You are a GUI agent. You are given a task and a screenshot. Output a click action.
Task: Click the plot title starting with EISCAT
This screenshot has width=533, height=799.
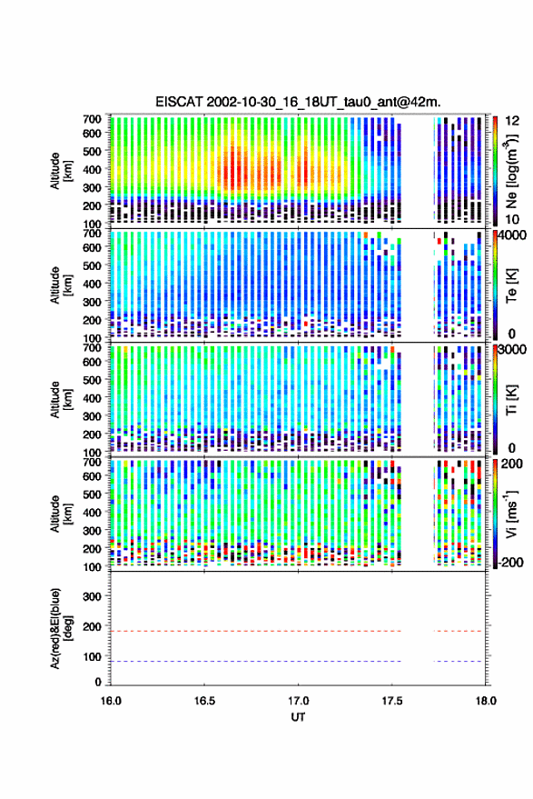pyautogui.click(x=298, y=102)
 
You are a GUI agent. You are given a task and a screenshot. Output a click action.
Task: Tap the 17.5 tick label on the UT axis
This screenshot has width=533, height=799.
pyautogui.click(x=391, y=701)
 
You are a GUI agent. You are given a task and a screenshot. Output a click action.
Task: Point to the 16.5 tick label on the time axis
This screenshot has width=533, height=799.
pyautogui.click(x=204, y=701)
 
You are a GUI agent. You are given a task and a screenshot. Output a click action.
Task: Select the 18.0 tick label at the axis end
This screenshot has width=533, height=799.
pyautogui.click(x=486, y=701)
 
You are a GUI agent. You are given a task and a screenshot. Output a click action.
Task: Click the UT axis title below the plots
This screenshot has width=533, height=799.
pyautogui.click(x=298, y=717)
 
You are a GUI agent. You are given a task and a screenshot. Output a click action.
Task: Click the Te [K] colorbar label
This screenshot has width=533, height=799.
pyautogui.click(x=511, y=285)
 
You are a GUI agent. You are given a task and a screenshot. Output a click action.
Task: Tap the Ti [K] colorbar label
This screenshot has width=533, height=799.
pyautogui.click(x=511, y=400)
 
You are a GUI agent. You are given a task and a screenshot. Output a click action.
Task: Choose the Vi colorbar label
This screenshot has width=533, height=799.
pyautogui.click(x=513, y=514)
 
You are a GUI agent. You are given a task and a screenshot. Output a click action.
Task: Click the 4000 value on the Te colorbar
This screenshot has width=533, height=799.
pyautogui.click(x=512, y=236)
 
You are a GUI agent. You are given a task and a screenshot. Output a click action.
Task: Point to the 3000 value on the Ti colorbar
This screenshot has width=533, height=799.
pyautogui.click(x=512, y=350)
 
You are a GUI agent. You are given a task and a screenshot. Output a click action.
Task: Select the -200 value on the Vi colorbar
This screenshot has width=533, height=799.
pyautogui.click(x=511, y=563)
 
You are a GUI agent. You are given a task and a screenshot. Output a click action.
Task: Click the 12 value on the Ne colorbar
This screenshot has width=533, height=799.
pyautogui.click(x=512, y=121)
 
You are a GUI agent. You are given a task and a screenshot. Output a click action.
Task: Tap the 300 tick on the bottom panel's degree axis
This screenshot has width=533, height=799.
pyautogui.click(x=92, y=596)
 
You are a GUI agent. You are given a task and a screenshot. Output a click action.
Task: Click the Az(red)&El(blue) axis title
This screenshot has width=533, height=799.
pyautogui.click(x=62, y=629)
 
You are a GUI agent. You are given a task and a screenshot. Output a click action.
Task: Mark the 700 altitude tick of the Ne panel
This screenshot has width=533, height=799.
pyautogui.click(x=92, y=119)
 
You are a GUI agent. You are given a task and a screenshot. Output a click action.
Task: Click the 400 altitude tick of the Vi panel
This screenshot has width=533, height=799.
pyautogui.click(x=92, y=513)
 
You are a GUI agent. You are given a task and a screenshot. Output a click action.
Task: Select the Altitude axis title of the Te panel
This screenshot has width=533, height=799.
pyautogui.click(x=61, y=285)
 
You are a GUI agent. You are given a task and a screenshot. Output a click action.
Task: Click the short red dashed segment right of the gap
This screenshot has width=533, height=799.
pyautogui.click(x=458, y=631)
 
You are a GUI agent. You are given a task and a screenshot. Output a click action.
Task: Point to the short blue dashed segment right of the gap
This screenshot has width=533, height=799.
pyautogui.click(x=458, y=661)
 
